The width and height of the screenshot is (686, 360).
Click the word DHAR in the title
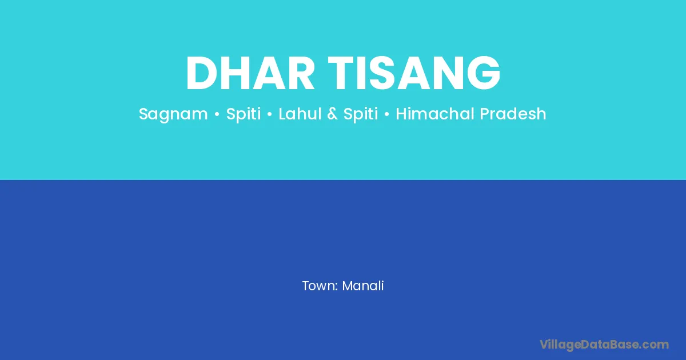[250, 73]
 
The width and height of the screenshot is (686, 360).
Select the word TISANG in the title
[414, 73]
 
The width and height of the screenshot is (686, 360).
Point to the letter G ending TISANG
[484, 73]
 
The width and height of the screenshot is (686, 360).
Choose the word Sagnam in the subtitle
[173, 114]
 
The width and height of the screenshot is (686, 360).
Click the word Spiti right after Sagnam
[244, 114]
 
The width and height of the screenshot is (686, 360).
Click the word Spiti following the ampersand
[361, 114]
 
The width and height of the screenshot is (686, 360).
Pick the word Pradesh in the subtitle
[513, 114]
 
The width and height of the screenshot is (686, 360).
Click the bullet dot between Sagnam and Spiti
[217, 114]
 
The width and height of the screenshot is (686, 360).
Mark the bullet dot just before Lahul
[269, 114]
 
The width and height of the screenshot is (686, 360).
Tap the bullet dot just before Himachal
[386, 114]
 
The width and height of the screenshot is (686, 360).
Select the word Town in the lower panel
[318, 286]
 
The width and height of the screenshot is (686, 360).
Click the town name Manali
[363, 286]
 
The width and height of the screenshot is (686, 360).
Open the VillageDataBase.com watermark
[604, 345]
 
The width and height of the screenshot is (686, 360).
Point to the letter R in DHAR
[302, 73]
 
